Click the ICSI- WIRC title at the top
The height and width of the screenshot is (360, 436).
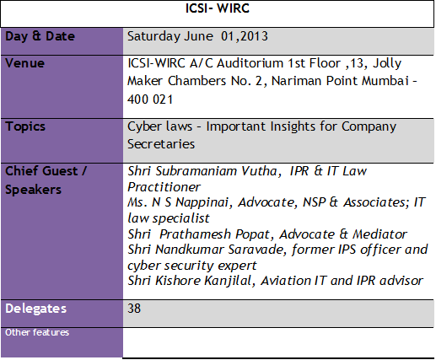coord(218,10)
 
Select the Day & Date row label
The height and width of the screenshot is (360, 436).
coord(40,36)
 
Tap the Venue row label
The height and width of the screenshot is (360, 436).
coord(25,63)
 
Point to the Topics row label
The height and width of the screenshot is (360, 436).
coord(26,126)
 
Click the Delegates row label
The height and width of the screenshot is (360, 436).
coord(36,309)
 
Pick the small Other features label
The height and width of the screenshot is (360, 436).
coord(37,332)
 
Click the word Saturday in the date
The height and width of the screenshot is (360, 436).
coord(153,36)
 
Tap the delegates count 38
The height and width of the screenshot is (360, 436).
coord(135,309)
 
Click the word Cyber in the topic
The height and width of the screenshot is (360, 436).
coord(145,126)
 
